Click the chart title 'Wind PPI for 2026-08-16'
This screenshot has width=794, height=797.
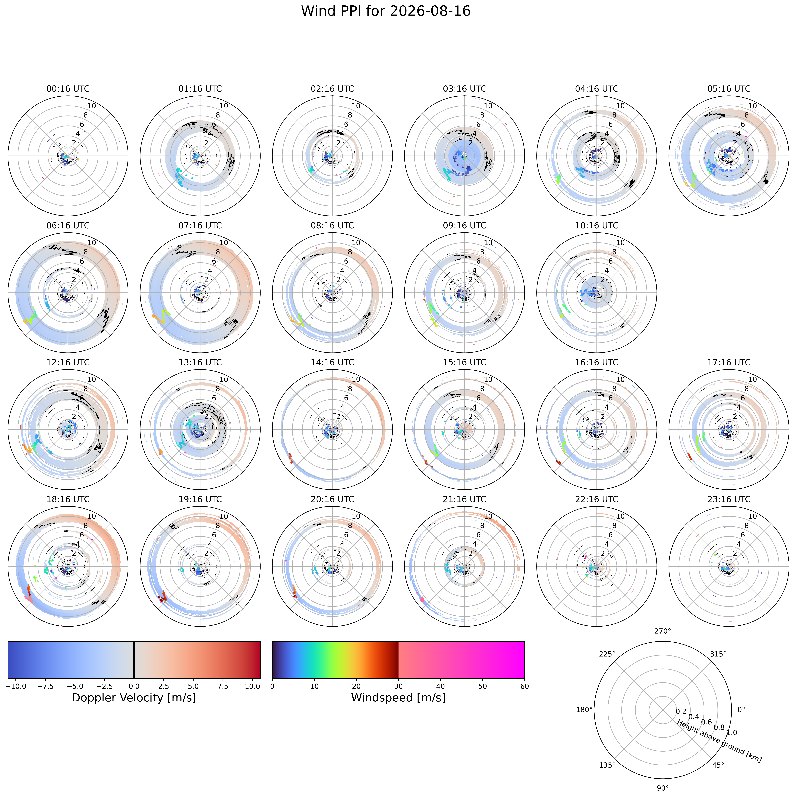point(386,11)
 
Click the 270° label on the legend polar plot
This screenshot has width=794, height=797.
point(663,631)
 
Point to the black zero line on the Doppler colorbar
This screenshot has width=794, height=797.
point(134,660)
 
